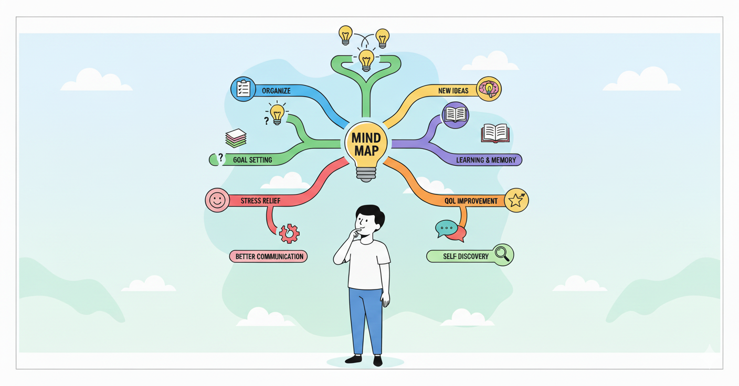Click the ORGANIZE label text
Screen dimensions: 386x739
277,91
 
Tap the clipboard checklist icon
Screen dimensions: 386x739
243,89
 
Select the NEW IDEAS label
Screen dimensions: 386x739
453,91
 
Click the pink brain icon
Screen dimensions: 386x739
489,89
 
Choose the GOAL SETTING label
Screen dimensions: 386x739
252,159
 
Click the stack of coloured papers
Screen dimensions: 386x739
236,138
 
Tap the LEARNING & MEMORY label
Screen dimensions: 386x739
485,159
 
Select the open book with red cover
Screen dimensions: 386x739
495,133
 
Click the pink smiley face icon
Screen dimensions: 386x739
217,200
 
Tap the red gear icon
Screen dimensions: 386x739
289,233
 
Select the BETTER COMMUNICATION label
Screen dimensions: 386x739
269,256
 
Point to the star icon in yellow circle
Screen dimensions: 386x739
516,200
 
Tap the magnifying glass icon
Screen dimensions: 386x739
502,254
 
